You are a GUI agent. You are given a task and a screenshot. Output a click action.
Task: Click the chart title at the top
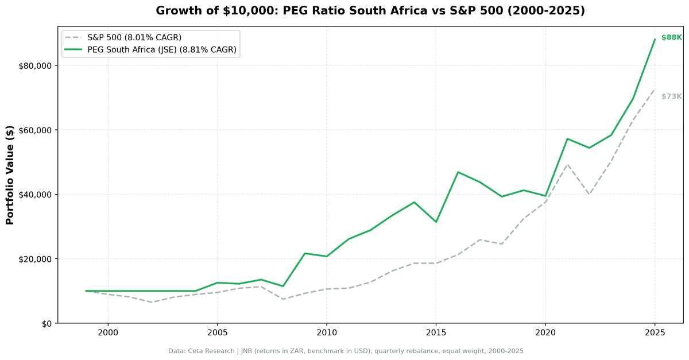coord(370,11)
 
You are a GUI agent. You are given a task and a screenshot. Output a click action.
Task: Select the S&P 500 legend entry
coord(134,37)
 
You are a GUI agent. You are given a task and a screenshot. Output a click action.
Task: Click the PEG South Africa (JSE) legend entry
coord(161,50)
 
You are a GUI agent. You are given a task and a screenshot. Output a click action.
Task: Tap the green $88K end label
coord(671,37)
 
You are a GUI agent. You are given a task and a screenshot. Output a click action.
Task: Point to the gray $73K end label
coord(671,96)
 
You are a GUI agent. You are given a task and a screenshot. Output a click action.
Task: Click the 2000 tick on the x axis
coord(108,332)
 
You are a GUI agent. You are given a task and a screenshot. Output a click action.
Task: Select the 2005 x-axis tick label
coord(217,332)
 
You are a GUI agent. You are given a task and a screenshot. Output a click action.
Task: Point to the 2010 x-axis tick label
coord(327,332)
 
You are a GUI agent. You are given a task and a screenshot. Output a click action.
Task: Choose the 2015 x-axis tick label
coord(436,332)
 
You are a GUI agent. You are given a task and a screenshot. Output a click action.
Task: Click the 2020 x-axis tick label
coord(545,332)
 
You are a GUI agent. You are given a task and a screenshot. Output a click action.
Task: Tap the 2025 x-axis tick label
coord(655,332)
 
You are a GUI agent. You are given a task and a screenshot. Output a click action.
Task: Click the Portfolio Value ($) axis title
coord(10,175)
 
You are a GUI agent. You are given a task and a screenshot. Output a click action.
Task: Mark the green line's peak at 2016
coord(458,172)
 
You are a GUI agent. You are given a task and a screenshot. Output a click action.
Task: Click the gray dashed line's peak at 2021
coord(567,164)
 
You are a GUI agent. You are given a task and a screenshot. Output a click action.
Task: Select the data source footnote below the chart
coord(346,351)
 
